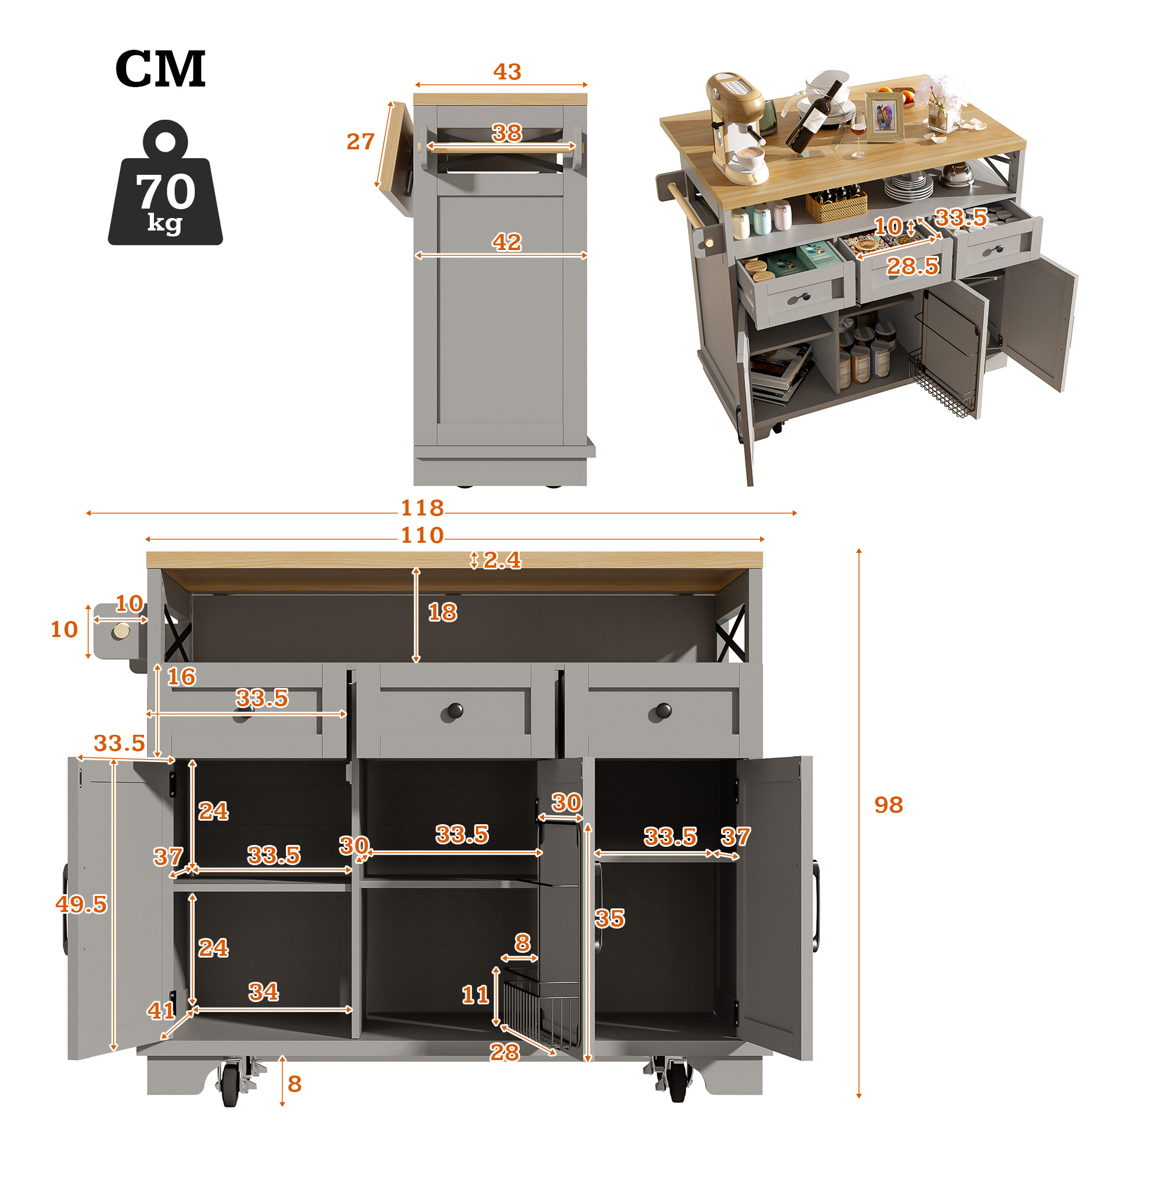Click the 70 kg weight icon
point(165,183)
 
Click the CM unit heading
point(160,68)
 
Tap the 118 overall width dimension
point(421,508)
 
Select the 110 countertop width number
point(421,535)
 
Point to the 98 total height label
point(889,805)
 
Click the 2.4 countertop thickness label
point(502,561)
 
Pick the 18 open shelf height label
point(442,612)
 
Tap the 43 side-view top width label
point(507,72)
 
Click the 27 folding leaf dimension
point(360,142)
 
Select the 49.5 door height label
point(81,904)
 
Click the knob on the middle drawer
point(455,710)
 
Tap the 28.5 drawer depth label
point(912,266)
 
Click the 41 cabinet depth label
point(162,1011)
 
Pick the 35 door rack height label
point(610,918)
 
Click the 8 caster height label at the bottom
point(294,1084)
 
